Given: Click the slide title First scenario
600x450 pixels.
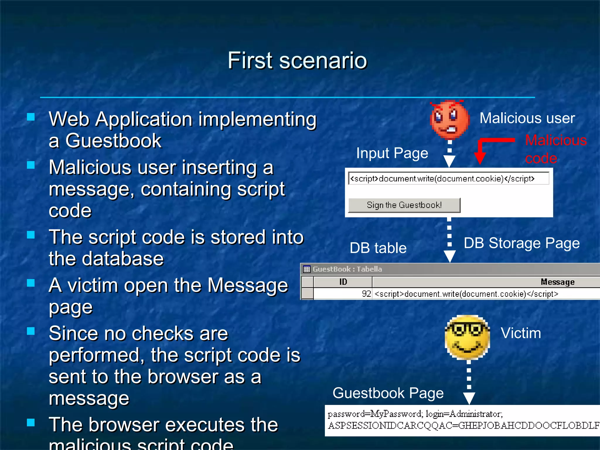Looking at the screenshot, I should click(x=297, y=60).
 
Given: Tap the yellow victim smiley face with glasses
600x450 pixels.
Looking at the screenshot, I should click(x=467, y=337).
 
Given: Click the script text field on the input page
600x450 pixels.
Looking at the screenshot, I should click(x=448, y=178).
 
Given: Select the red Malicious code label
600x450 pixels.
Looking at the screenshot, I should click(x=555, y=149).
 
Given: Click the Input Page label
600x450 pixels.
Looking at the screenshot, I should click(x=392, y=153).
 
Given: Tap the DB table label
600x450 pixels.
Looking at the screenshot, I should click(x=378, y=248).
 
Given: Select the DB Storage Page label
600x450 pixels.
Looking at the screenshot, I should click(x=521, y=243).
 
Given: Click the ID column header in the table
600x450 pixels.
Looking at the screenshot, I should click(x=343, y=282).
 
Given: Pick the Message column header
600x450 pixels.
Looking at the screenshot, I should click(x=557, y=282).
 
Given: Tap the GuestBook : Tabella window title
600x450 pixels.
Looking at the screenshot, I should click(x=347, y=269).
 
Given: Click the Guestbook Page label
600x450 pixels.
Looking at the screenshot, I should click(x=388, y=393).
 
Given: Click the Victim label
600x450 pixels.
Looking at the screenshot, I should click(x=521, y=333).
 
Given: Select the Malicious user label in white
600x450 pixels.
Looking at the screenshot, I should click(x=527, y=118).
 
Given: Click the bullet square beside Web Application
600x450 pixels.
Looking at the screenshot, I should click(x=31, y=117).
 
